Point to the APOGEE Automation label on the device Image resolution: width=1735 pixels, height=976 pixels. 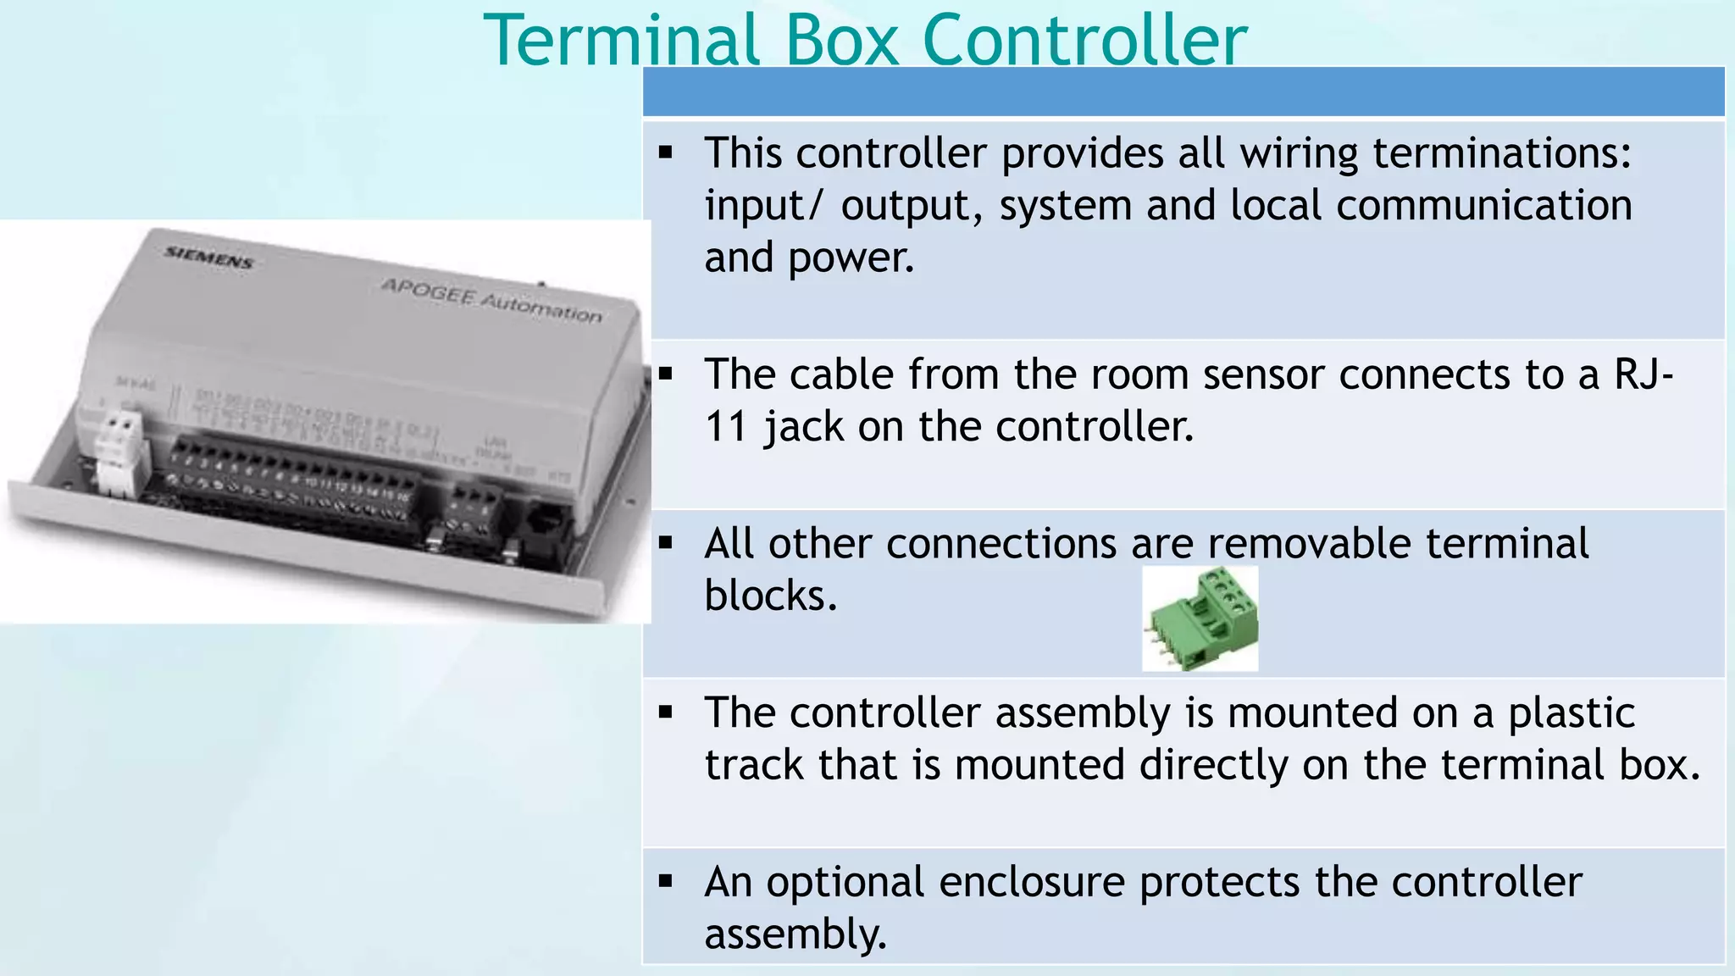[x=491, y=300]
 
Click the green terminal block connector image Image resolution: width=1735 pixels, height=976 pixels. [x=1200, y=619]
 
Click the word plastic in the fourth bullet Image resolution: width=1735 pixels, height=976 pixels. [x=1571, y=713]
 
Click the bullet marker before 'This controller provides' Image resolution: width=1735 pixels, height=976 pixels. [x=666, y=153]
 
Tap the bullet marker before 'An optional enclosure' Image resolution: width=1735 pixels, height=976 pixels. [x=666, y=882]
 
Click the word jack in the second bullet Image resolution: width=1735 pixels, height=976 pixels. [x=802, y=426]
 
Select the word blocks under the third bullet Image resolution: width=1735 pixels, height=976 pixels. [x=770, y=596]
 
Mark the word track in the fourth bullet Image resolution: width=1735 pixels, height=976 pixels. [x=754, y=765]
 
